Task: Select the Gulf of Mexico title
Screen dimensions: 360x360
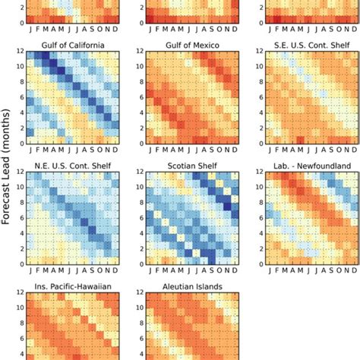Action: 192,45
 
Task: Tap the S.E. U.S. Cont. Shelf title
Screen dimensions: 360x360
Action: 312,45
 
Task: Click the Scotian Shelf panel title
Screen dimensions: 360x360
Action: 192,165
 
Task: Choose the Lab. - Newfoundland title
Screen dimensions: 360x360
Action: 312,165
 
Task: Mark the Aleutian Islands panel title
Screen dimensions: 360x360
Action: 192,286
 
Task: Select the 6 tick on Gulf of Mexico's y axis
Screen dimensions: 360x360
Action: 141,98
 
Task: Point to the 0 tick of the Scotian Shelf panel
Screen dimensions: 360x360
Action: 141,264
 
